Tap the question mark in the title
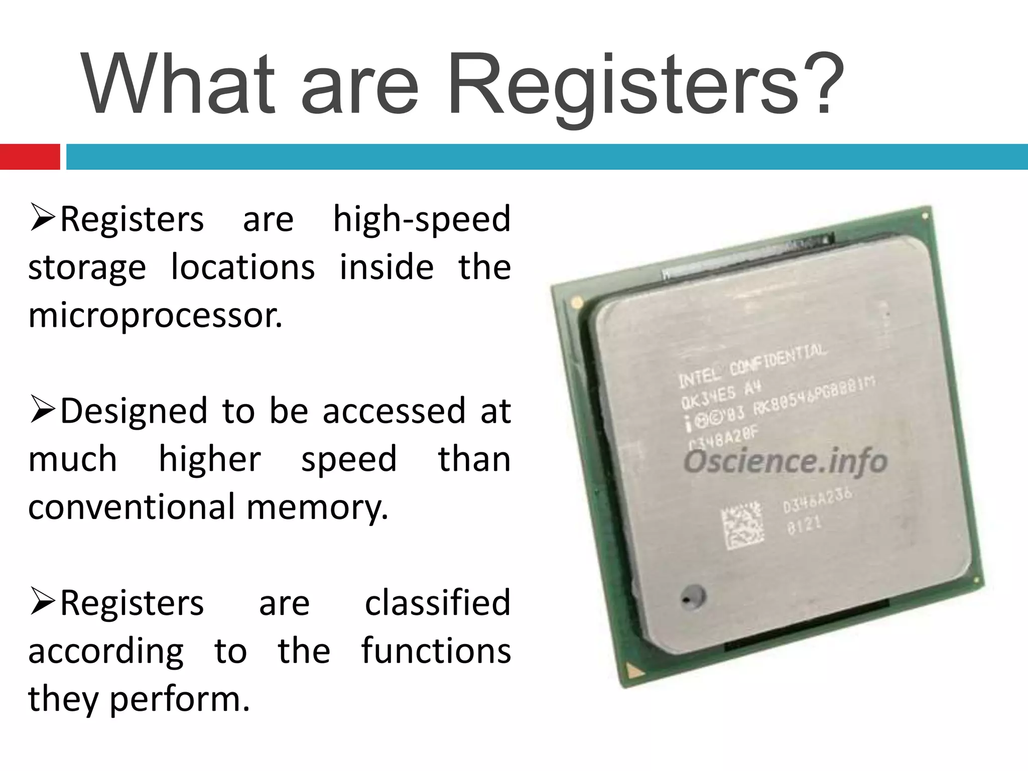[x=823, y=83]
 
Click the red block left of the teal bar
[x=30, y=157]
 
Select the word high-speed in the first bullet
[x=422, y=220]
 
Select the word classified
[x=437, y=602]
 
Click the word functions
[x=436, y=651]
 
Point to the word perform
[x=179, y=699]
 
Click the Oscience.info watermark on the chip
[x=785, y=461]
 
